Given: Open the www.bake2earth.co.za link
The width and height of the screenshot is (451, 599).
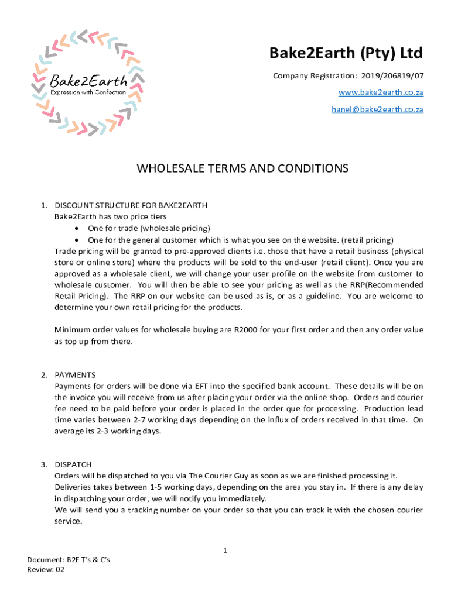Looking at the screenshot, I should [x=381, y=93].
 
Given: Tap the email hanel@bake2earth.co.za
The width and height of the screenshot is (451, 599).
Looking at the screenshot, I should [x=377, y=109].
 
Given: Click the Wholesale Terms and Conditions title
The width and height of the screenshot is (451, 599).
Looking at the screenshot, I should [x=242, y=168].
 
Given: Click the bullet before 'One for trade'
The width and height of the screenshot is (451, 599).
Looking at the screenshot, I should [x=78, y=228].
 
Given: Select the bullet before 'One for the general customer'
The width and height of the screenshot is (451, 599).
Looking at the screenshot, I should [x=78, y=240].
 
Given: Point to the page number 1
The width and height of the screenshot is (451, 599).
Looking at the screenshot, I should [x=225, y=550].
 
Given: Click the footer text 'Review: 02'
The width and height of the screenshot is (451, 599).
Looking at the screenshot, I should [x=46, y=569].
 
